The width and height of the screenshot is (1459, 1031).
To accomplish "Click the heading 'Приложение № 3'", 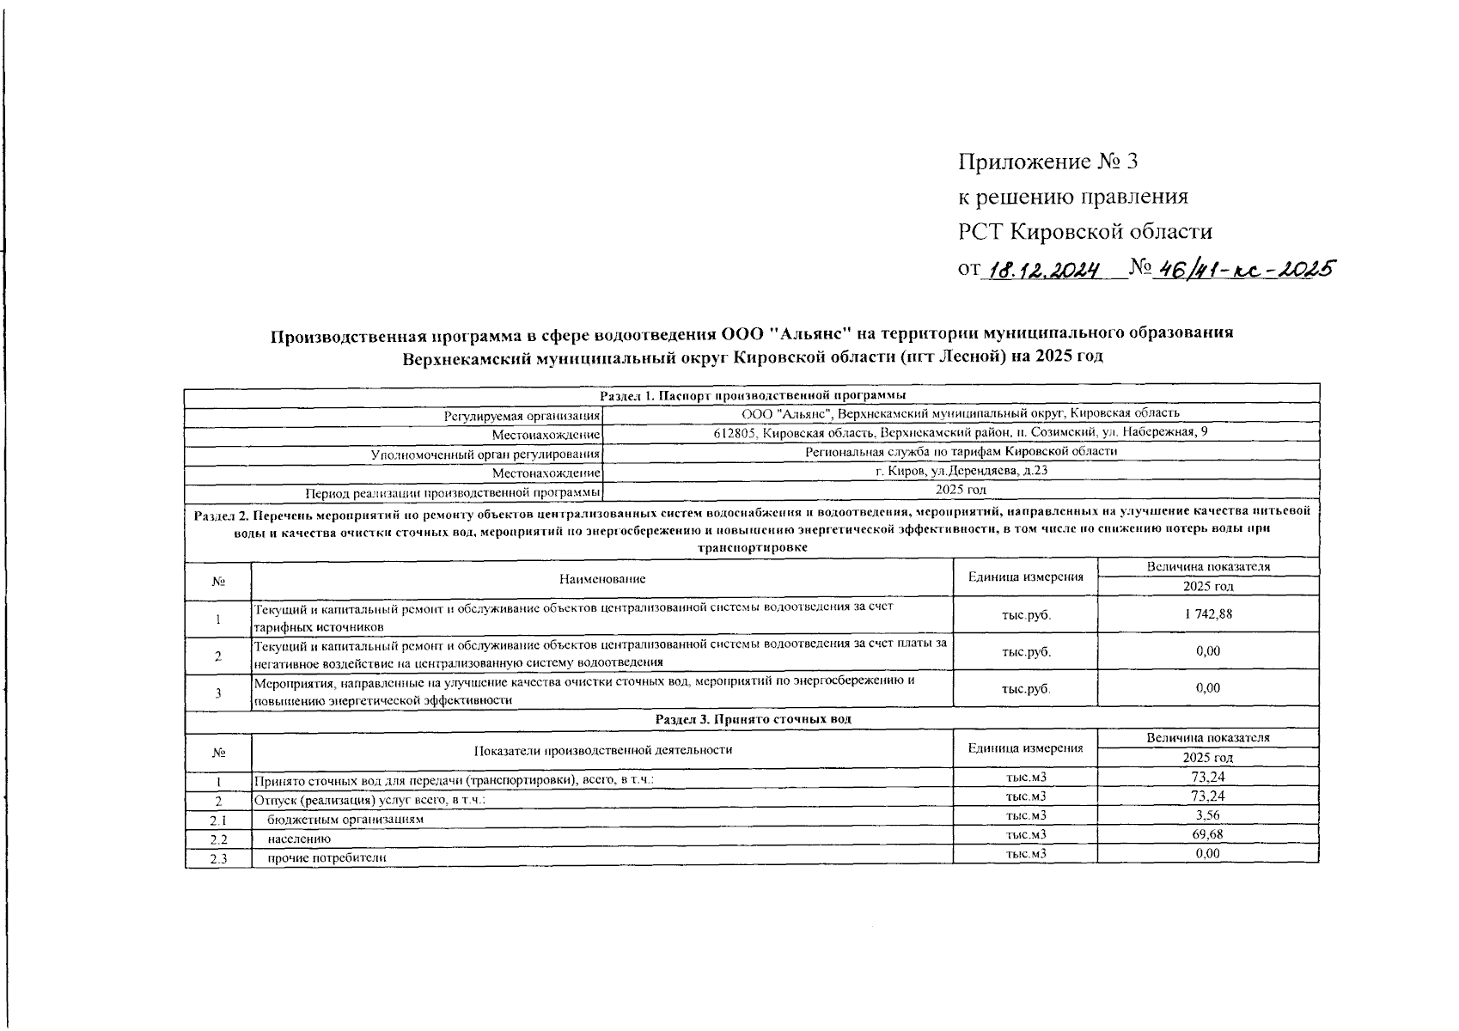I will [1047, 162].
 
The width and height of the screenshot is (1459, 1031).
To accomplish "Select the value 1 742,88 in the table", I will [1208, 614].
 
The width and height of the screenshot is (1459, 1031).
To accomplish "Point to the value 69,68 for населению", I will [1208, 834].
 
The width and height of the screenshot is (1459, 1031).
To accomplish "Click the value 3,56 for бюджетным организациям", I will [1208, 815].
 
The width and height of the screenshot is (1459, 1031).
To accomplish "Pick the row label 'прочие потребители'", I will [327, 857].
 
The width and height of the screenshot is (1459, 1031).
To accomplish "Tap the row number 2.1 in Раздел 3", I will [217, 820].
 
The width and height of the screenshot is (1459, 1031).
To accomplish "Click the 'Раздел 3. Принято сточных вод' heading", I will [753, 718].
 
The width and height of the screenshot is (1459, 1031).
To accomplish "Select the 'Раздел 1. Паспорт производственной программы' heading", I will [753, 395].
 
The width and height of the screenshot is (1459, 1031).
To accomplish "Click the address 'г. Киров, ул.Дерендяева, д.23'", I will [961, 471].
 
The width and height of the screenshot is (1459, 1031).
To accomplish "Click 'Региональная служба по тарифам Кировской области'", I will [961, 451].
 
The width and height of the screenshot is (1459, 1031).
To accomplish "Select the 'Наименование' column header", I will [602, 579].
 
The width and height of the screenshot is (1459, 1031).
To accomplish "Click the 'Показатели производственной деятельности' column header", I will [602, 749].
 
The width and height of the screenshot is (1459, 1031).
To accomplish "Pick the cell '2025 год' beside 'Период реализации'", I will [961, 490].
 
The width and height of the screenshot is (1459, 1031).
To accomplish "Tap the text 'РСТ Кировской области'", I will [1085, 232].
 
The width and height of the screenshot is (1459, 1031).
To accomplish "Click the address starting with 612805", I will [961, 432].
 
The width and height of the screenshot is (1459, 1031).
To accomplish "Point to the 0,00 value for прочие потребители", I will [1208, 853].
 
